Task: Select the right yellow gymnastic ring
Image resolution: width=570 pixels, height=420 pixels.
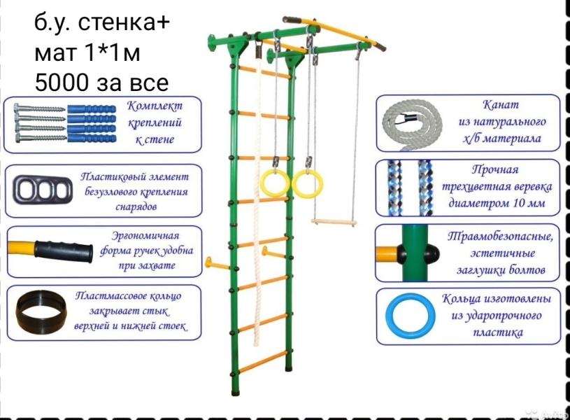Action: pyautogui.click(x=308, y=183)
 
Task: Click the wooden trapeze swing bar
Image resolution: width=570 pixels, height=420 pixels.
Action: pyautogui.click(x=334, y=222)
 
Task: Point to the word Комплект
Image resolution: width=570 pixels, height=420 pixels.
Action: pyautogui.click(x=155, y=106)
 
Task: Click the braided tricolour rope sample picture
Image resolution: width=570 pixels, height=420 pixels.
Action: pyautogui.click(x=406, y=188)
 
